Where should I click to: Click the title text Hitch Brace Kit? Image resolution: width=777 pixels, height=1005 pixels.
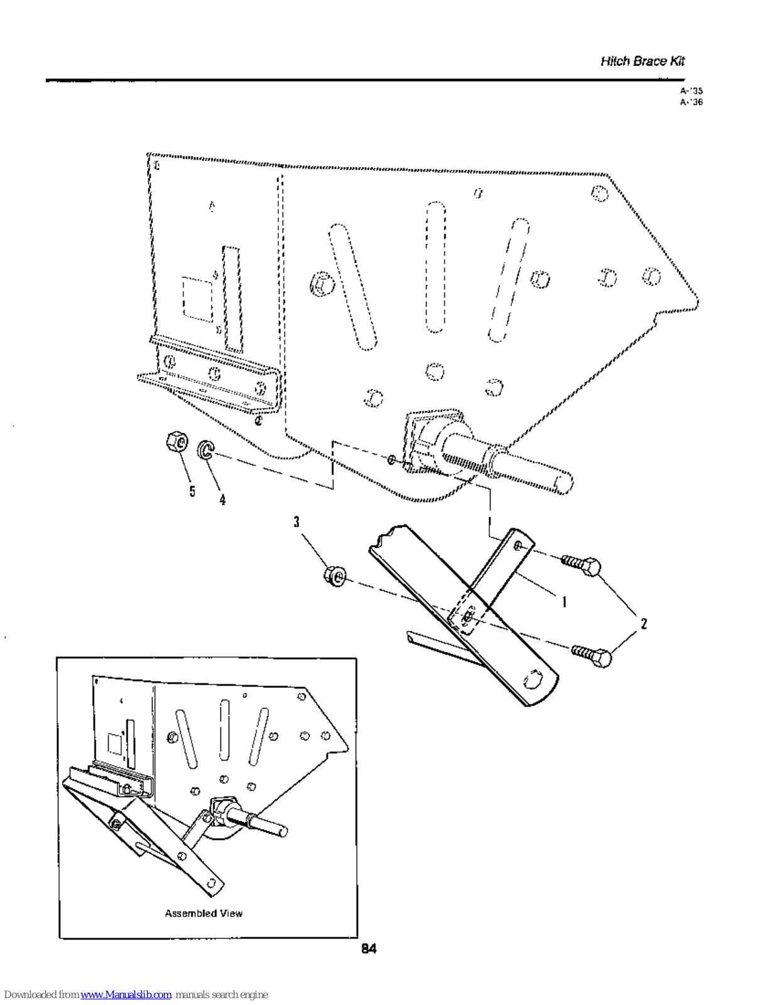coord(642,61)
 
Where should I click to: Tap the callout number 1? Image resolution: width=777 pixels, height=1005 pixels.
coord(564,602)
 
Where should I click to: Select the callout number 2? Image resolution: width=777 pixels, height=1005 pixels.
coord(643,623)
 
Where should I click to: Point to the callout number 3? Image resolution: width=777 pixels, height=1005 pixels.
coord(296,521)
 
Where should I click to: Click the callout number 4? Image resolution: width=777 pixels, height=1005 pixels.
coord(222,499)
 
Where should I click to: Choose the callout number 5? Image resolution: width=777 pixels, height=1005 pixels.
coord(192,491)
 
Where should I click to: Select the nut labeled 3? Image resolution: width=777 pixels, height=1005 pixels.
coord(335,575)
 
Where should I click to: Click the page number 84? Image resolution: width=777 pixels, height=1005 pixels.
coord(369,948)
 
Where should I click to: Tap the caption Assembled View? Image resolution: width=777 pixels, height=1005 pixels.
coord(204,913)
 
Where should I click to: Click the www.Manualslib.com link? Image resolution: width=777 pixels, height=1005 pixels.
coord(126,994)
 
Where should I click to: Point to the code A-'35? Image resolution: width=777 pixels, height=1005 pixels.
coord(691,90)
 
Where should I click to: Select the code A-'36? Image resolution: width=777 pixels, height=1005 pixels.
coord(691,102)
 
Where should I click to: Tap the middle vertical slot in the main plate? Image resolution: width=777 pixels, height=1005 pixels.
coord(435,267)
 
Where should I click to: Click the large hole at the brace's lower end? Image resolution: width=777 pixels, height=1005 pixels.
coord(533,680)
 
